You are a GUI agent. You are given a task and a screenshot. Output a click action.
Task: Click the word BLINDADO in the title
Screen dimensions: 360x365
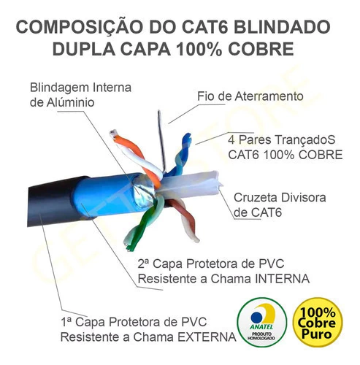click(282, 27)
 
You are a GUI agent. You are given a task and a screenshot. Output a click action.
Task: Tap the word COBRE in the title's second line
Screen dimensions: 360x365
click(261, 49)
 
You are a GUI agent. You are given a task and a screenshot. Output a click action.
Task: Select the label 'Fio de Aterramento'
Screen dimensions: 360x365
click(250, 96)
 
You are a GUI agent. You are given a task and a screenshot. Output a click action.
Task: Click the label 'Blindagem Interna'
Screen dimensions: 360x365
click(80, 88)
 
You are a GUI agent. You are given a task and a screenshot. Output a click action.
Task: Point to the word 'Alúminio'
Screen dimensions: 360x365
click(71, 102)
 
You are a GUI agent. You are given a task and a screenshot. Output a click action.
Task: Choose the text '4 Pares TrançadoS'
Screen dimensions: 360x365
click(282, 140)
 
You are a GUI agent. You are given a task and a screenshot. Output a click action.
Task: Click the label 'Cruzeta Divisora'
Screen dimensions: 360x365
click(280, 198)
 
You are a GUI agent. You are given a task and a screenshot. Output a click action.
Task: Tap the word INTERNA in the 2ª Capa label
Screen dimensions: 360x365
click(282, 279)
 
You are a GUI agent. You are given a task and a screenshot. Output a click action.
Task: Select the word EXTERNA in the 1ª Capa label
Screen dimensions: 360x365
click(207, 337)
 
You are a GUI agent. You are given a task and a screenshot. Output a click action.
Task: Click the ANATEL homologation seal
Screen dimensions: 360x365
click(262, 322)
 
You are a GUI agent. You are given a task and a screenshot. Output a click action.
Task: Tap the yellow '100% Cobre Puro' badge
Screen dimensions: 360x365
click(318, 322)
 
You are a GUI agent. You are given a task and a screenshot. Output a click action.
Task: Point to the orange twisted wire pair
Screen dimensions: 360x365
click(137, 155)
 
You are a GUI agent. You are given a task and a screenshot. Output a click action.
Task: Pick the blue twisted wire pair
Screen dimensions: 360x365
click(180, 155)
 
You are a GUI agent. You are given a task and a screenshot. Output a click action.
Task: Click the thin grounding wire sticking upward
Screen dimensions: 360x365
click(161, 141)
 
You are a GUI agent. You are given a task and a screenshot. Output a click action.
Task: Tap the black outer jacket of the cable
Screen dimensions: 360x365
click(53, 202)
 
